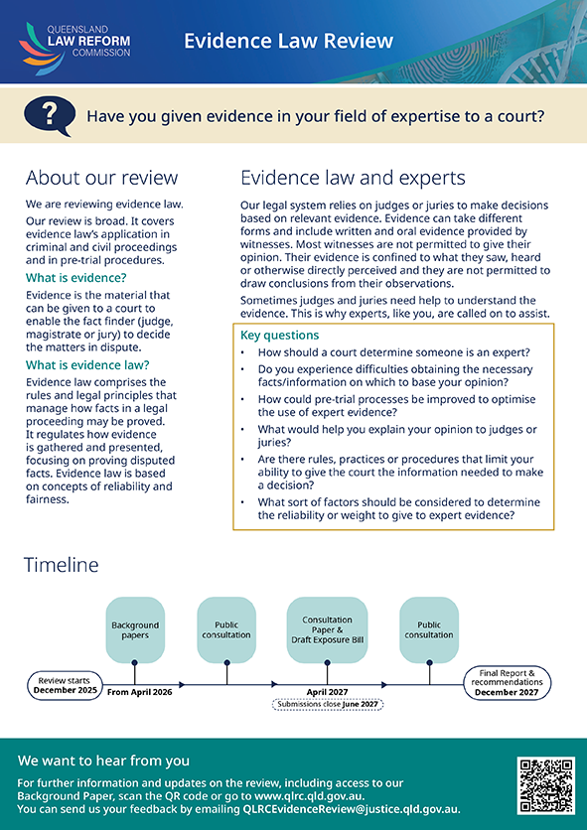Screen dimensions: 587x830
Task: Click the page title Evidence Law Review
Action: tap(289, 41)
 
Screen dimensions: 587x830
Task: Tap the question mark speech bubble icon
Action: tap(50, 115)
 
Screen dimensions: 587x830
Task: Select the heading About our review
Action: tap(101, 178)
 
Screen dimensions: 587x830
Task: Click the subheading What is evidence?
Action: tap(76, 277)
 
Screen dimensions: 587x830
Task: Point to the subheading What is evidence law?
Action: tap(87, 364)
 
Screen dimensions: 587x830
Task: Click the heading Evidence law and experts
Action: tap(353, 178)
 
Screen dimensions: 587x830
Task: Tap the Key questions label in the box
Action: tap(280, 335)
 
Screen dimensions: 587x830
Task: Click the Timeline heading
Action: tap(61, 565)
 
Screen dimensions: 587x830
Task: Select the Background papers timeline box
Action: tap(135, 629)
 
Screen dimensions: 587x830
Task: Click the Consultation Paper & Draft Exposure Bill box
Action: tap(327, 629)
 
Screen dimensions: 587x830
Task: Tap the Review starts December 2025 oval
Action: tap(65, 685)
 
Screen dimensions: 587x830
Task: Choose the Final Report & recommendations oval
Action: tap(507, 682)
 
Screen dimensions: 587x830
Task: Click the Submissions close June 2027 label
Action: tap(328, 704)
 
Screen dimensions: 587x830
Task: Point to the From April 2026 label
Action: tap(139, 692)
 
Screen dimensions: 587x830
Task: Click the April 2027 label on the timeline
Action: tap(327, 692)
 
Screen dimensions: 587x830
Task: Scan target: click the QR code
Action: tap(545, 785)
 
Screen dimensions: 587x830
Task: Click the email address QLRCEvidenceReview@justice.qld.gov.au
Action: tap(352, 809)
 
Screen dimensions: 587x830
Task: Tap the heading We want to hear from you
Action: tap(103, 761)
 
